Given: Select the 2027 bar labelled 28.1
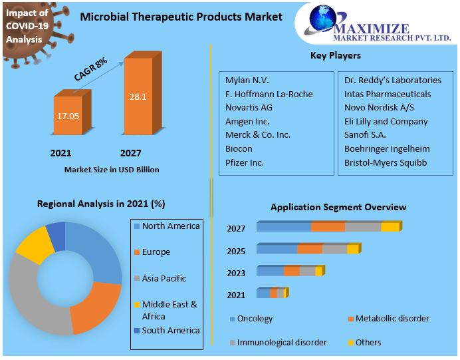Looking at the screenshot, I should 138,96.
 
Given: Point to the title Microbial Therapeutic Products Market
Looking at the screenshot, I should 181,17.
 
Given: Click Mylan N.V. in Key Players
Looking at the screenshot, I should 247,80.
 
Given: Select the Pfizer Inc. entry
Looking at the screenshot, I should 245,162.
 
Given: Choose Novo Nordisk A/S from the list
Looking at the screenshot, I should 380,108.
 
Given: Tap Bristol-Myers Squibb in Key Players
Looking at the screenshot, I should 386,162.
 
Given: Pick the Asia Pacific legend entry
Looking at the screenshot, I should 164,278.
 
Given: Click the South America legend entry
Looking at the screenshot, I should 170,330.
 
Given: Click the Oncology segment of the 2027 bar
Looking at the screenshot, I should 284,227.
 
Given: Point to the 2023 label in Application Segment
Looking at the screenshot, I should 236,273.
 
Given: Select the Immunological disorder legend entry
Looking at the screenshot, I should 281,342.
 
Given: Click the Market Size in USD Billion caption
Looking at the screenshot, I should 112,170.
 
